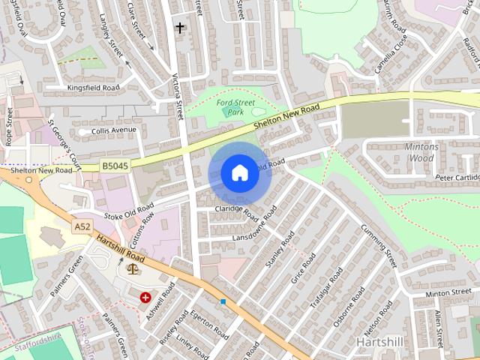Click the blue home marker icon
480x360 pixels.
pos(239,172)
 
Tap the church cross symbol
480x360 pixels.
pos(179,28)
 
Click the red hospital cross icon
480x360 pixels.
pos(145,298)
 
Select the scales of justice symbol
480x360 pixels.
pos(133,268)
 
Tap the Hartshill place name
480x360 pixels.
pos(381,341)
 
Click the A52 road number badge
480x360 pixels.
pos(82,225)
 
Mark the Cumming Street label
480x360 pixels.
pos(379,245)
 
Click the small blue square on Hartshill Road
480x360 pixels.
pos(223,301)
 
